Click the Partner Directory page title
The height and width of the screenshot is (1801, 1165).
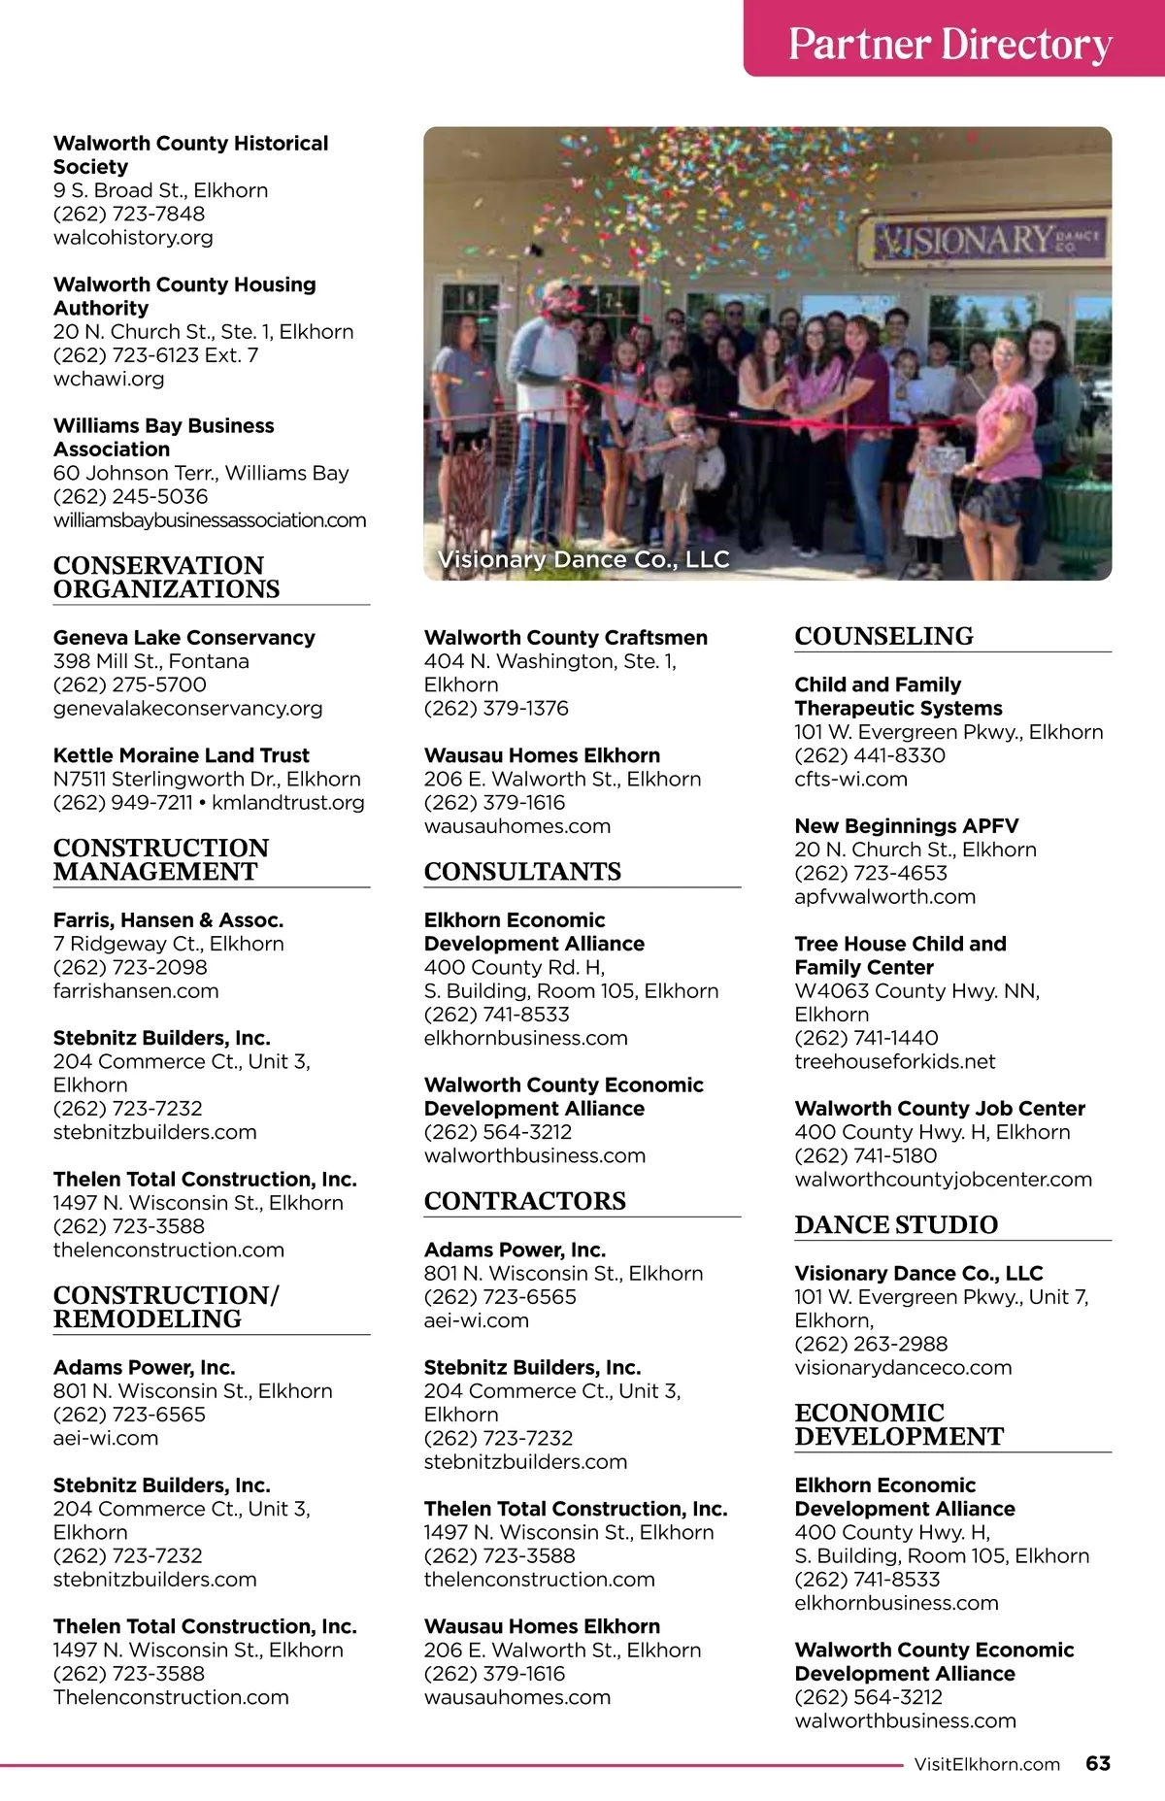point(949,44)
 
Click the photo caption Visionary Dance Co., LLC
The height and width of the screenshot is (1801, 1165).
point(583,559)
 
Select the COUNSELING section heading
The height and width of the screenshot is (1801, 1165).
point(883,636)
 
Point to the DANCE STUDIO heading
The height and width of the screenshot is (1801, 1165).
point(895,1224)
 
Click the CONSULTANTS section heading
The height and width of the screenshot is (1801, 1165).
point(522,871)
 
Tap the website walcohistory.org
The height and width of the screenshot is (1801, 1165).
point(133,237)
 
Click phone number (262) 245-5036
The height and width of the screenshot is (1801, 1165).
point(130,496)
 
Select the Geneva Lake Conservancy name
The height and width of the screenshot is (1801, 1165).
point(183,637)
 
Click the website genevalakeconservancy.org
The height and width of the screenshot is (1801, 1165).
point(187,708)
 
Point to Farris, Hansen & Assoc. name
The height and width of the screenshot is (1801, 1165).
point(168,919)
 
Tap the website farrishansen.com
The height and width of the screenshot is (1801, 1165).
point(136,990)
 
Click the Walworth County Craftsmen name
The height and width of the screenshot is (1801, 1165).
point(565,637)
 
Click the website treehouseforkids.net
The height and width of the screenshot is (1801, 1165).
point(894,1061)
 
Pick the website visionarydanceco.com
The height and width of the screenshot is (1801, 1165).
point(903,1367)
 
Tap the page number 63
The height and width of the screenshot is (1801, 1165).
point(1098,1763)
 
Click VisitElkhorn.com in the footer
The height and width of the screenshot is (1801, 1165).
point(986,1764)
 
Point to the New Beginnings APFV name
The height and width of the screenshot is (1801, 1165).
point(906,825)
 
